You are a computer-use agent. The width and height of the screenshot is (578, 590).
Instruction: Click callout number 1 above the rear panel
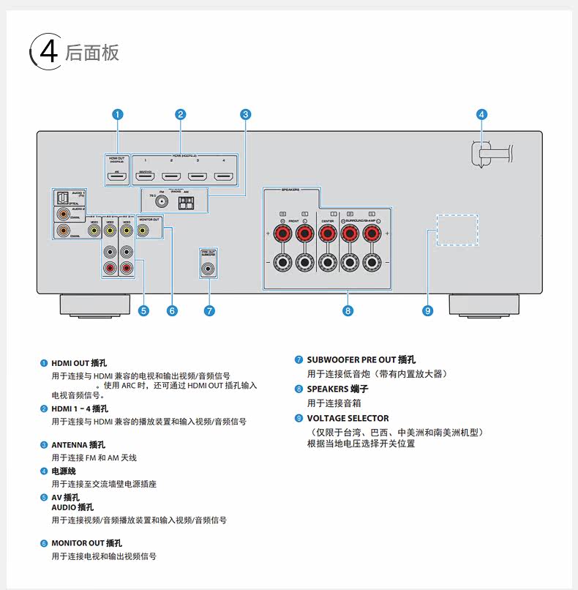tap(118, 114)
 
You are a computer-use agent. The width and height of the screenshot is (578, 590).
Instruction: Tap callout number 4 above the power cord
tap(481, 114)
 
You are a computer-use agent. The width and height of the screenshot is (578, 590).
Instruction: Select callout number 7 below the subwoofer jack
tap(209, 310)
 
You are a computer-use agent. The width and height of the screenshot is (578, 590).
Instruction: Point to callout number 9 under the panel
tap(428, 310)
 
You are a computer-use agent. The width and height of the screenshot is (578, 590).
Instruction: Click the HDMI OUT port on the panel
tap(118, 176)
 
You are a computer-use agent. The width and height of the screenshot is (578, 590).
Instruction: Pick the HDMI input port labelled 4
tap(223, 176)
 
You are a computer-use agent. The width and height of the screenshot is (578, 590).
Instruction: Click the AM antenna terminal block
tap(187, 201)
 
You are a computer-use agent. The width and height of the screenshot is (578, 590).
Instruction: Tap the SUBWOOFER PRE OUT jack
tap(209, 268)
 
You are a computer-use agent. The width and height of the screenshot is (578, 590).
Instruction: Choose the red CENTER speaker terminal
tap(326, 234)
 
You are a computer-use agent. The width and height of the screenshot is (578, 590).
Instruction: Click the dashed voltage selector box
tap(457, 229)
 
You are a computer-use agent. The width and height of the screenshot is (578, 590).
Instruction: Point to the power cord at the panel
tap(490, 154)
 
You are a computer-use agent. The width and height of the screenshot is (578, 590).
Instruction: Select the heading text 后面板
tap(91, 53)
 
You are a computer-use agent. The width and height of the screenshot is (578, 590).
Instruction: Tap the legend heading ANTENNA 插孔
tap(78, 444)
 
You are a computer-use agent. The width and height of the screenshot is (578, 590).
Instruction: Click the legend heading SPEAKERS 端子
tap(337, 389)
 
